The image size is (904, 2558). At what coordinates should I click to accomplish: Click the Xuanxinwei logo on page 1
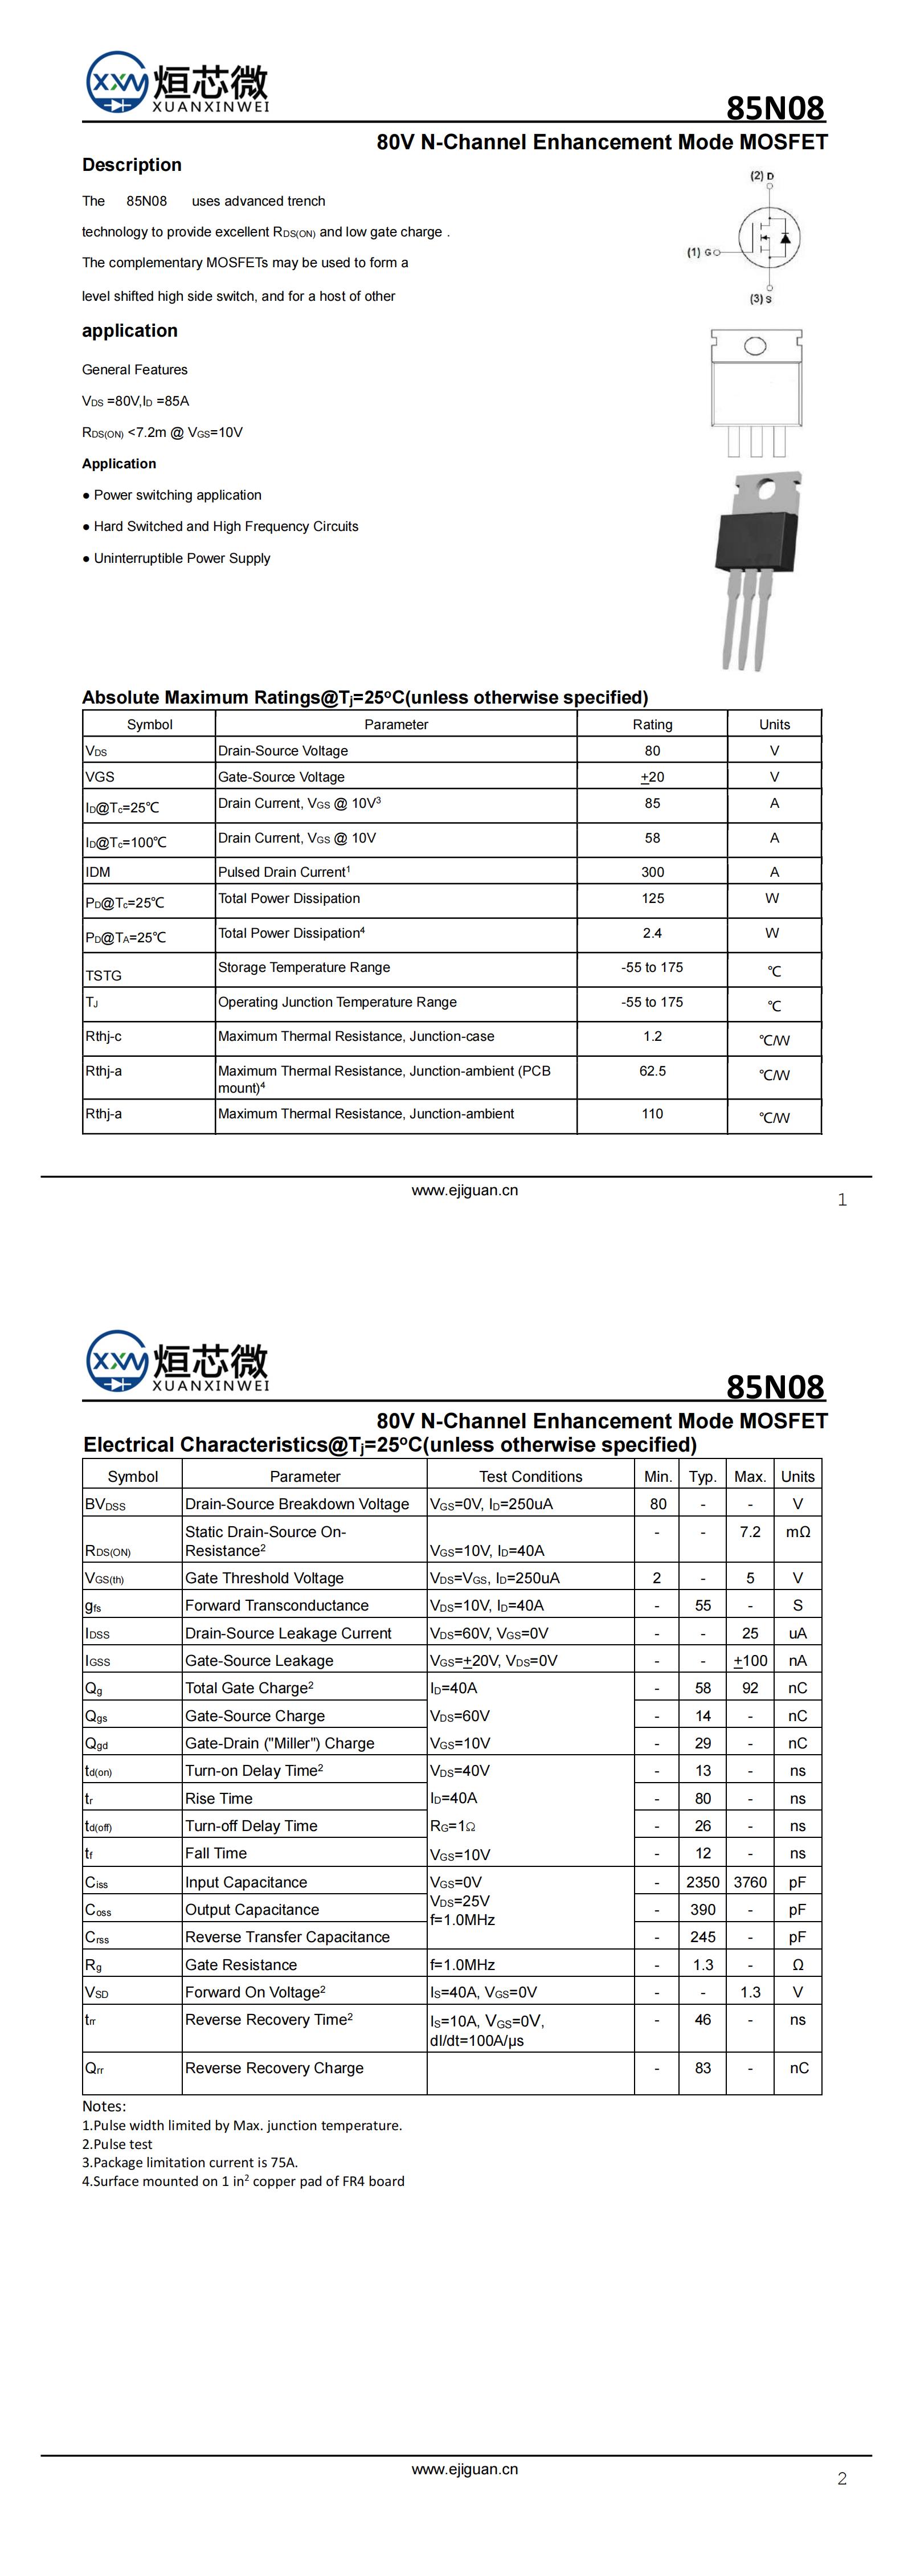(x=177, y=83)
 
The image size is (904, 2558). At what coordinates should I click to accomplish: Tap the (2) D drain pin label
(x=762, y=176)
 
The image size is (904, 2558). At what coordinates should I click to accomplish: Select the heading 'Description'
(x=132, y=165)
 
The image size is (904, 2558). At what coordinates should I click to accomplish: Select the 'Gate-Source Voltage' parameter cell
(x=281, y=777)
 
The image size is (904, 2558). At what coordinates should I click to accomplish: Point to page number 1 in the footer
(x=842, y=1200)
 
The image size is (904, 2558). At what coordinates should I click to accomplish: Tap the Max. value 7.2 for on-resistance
(x=750, y=1532)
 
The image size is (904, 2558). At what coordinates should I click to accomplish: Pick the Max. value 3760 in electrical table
(x=750, y=1882)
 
